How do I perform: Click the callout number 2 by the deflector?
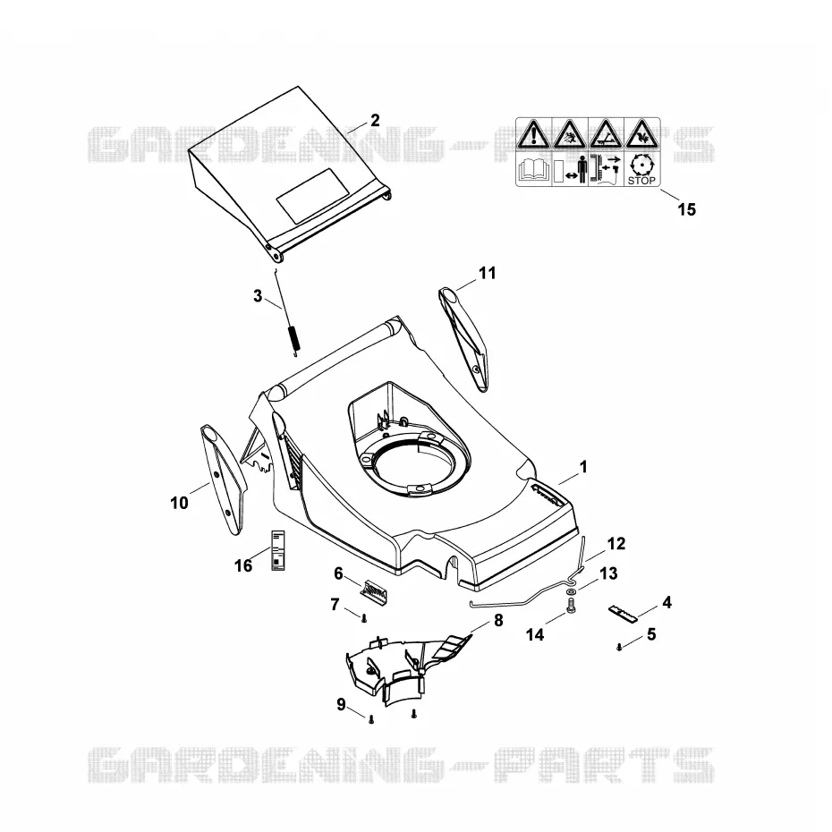pos(375,121)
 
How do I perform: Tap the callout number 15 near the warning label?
pos(686,209)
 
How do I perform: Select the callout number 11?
pos(487,273)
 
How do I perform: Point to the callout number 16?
pos(243,566)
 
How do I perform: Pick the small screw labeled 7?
pos(364,618)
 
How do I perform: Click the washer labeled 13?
pos(570,591)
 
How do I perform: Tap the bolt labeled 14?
pos(571,606)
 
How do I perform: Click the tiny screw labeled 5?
pos(619,647)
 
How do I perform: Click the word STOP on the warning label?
pos(641,181)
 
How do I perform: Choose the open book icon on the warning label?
pos(534,171)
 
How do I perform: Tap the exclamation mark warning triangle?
pos(533,135)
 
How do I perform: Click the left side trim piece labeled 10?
pos(223,479)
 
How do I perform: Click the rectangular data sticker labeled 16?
pos(278,550)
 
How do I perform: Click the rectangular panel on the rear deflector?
pos(313,196)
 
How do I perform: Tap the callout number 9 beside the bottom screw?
pos(341,704)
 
